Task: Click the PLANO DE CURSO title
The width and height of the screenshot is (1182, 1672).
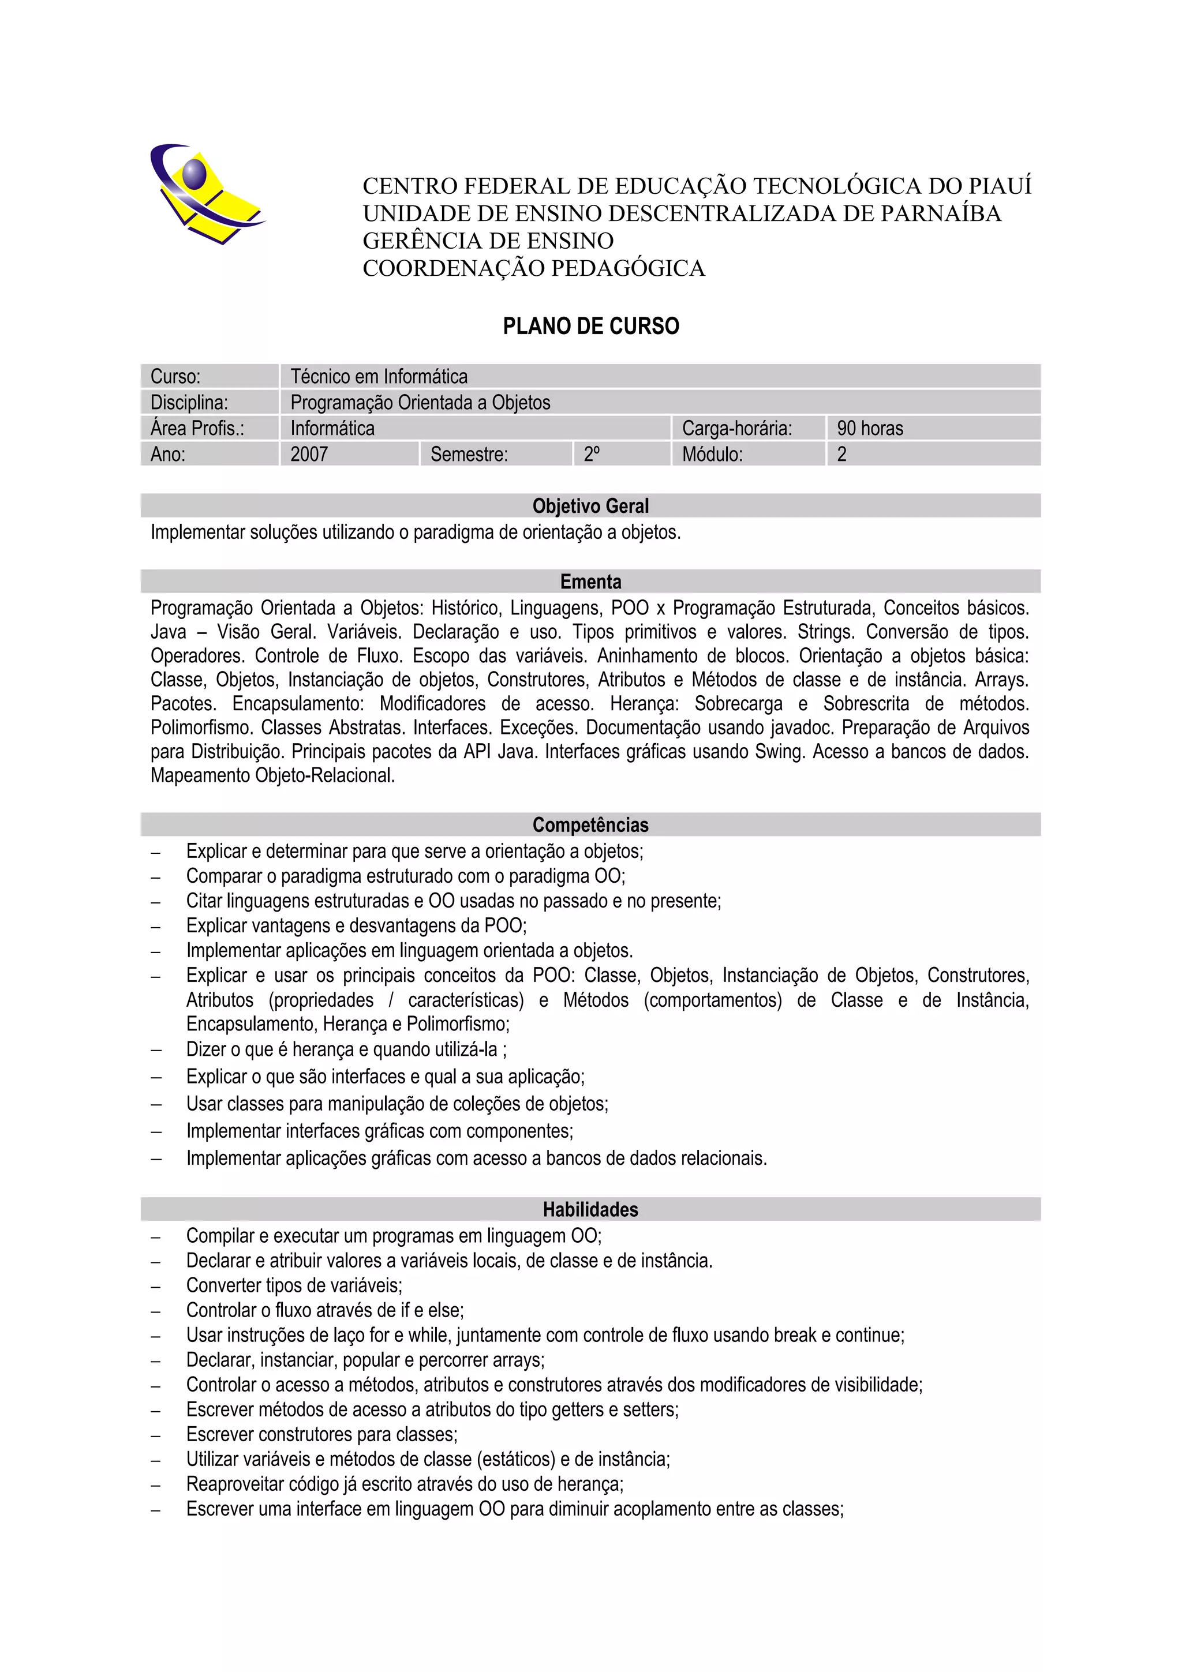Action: point(590,325)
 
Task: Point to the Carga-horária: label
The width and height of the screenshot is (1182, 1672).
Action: point(736,428)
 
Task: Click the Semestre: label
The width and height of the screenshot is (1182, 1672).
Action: point(469,455)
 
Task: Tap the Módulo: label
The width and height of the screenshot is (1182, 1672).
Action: point(712,455)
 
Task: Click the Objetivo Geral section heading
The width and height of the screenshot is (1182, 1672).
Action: point(590,506)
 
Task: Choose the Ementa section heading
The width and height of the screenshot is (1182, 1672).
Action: point(590,582)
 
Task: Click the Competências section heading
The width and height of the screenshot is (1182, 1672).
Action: point(590,825)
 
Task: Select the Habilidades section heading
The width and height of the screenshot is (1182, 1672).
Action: point(590,1210)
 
